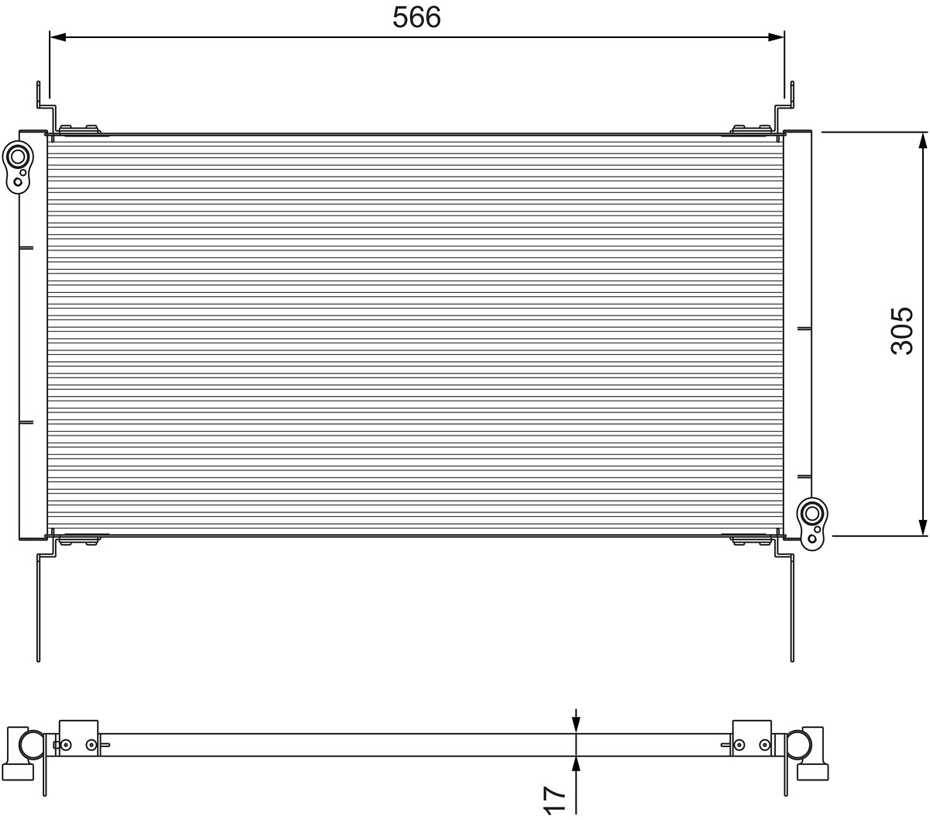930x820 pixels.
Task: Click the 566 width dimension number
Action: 416,18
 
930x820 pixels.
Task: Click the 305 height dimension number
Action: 901,331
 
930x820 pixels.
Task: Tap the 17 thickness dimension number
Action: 554,801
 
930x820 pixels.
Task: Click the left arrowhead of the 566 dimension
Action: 57,37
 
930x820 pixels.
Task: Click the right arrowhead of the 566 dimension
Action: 777,37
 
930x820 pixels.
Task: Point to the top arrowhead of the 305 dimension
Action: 923,140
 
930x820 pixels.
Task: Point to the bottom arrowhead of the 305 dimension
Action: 923,528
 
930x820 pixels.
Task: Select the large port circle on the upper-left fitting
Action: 18,157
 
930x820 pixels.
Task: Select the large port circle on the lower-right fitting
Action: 812,514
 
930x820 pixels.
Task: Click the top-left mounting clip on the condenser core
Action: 79,130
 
